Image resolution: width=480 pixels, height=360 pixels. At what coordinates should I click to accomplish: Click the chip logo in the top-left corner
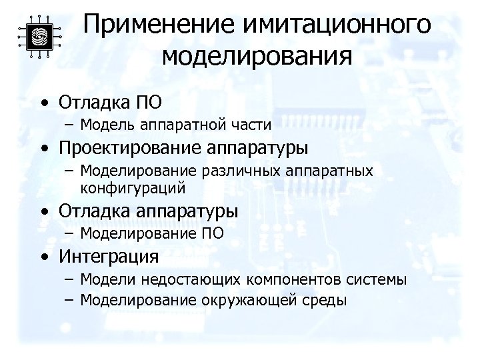coord(39,37)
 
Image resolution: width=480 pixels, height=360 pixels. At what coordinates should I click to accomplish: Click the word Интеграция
coord(108,256)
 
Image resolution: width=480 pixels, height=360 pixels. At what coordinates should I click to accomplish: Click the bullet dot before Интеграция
coord(44,257)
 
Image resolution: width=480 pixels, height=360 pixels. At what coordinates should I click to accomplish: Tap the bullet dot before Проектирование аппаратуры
coord(44,147)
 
